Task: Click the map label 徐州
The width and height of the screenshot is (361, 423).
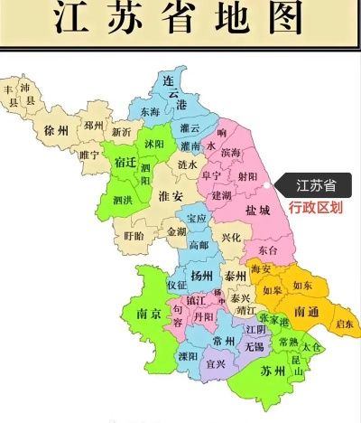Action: pos(55,130)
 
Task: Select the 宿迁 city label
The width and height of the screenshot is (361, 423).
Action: pos(125,163)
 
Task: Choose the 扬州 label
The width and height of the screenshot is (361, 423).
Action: pos(202,275)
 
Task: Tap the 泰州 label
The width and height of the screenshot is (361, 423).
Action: pos(236,276)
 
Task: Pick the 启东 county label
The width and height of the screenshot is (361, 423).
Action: pos(344,323)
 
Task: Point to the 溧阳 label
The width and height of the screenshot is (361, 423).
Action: pos(189,356)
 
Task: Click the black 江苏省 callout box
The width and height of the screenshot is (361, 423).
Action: pos(317,186)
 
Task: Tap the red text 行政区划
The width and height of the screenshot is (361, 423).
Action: pos(316,207)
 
